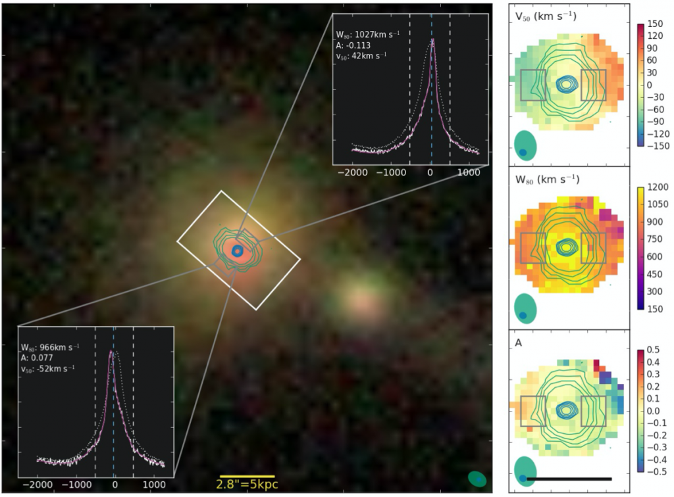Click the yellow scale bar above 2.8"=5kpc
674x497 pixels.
pos(247,475)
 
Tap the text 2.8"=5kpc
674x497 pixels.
pos(247,485)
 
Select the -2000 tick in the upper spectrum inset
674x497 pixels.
pos(354,174)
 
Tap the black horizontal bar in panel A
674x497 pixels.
pos(569,479)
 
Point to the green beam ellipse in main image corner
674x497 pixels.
pos(478,479)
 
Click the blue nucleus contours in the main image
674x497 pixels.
pos(237,251)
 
